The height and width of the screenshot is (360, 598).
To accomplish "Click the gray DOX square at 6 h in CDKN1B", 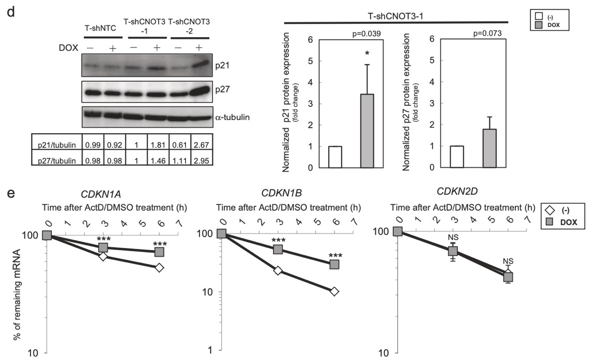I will (334, 264).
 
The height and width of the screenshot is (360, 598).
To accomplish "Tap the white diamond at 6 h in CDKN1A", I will (159, 268).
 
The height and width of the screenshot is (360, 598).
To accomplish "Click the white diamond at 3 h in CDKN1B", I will (278, 270).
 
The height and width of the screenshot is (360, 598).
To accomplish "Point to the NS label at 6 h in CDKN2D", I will (509, 261).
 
